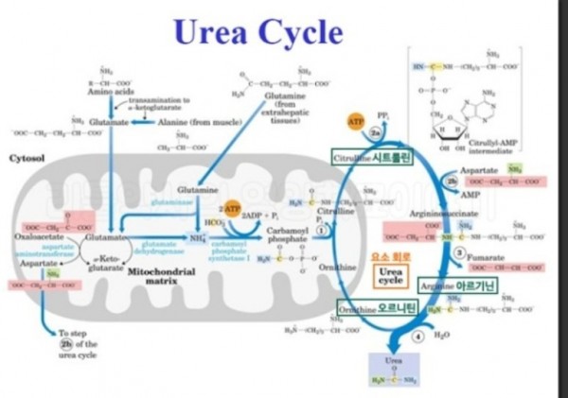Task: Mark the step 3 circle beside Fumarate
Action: coord(459,253)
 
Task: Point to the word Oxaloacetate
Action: coord(37,237)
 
